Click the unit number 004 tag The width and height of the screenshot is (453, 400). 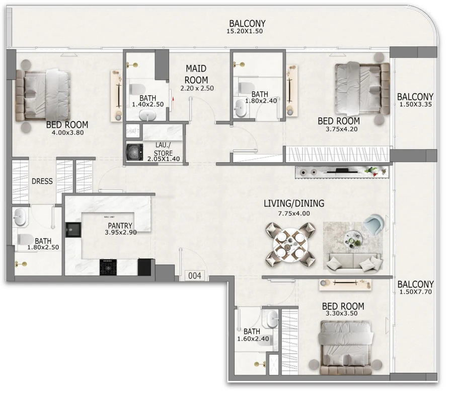tap(195, 276)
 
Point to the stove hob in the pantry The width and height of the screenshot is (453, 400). tap(108, 266)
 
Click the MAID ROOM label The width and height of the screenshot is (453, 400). tap(196, 74)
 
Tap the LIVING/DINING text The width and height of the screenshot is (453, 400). tap(294, 204)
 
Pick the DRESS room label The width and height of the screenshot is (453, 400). tap(42, 181)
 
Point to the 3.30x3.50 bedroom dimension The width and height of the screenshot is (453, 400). tap(343, 313)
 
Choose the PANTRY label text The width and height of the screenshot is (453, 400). tap(120, 226)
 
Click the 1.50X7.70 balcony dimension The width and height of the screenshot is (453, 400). tap(416, 292)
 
